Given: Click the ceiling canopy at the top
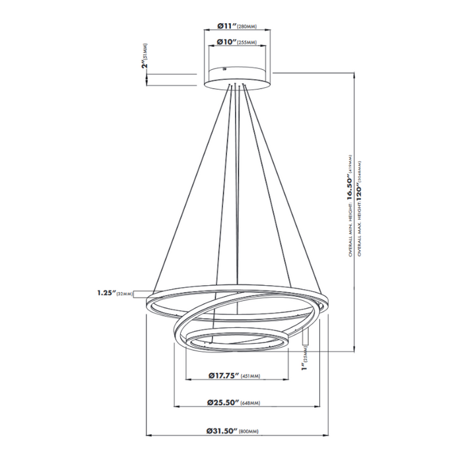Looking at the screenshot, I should point(237,75).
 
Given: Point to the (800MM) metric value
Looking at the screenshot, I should point(251,431).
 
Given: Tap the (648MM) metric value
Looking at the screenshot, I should point(250,403).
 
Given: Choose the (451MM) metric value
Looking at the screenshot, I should point(251,376).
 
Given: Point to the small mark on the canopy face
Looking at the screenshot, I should point(224,67).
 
